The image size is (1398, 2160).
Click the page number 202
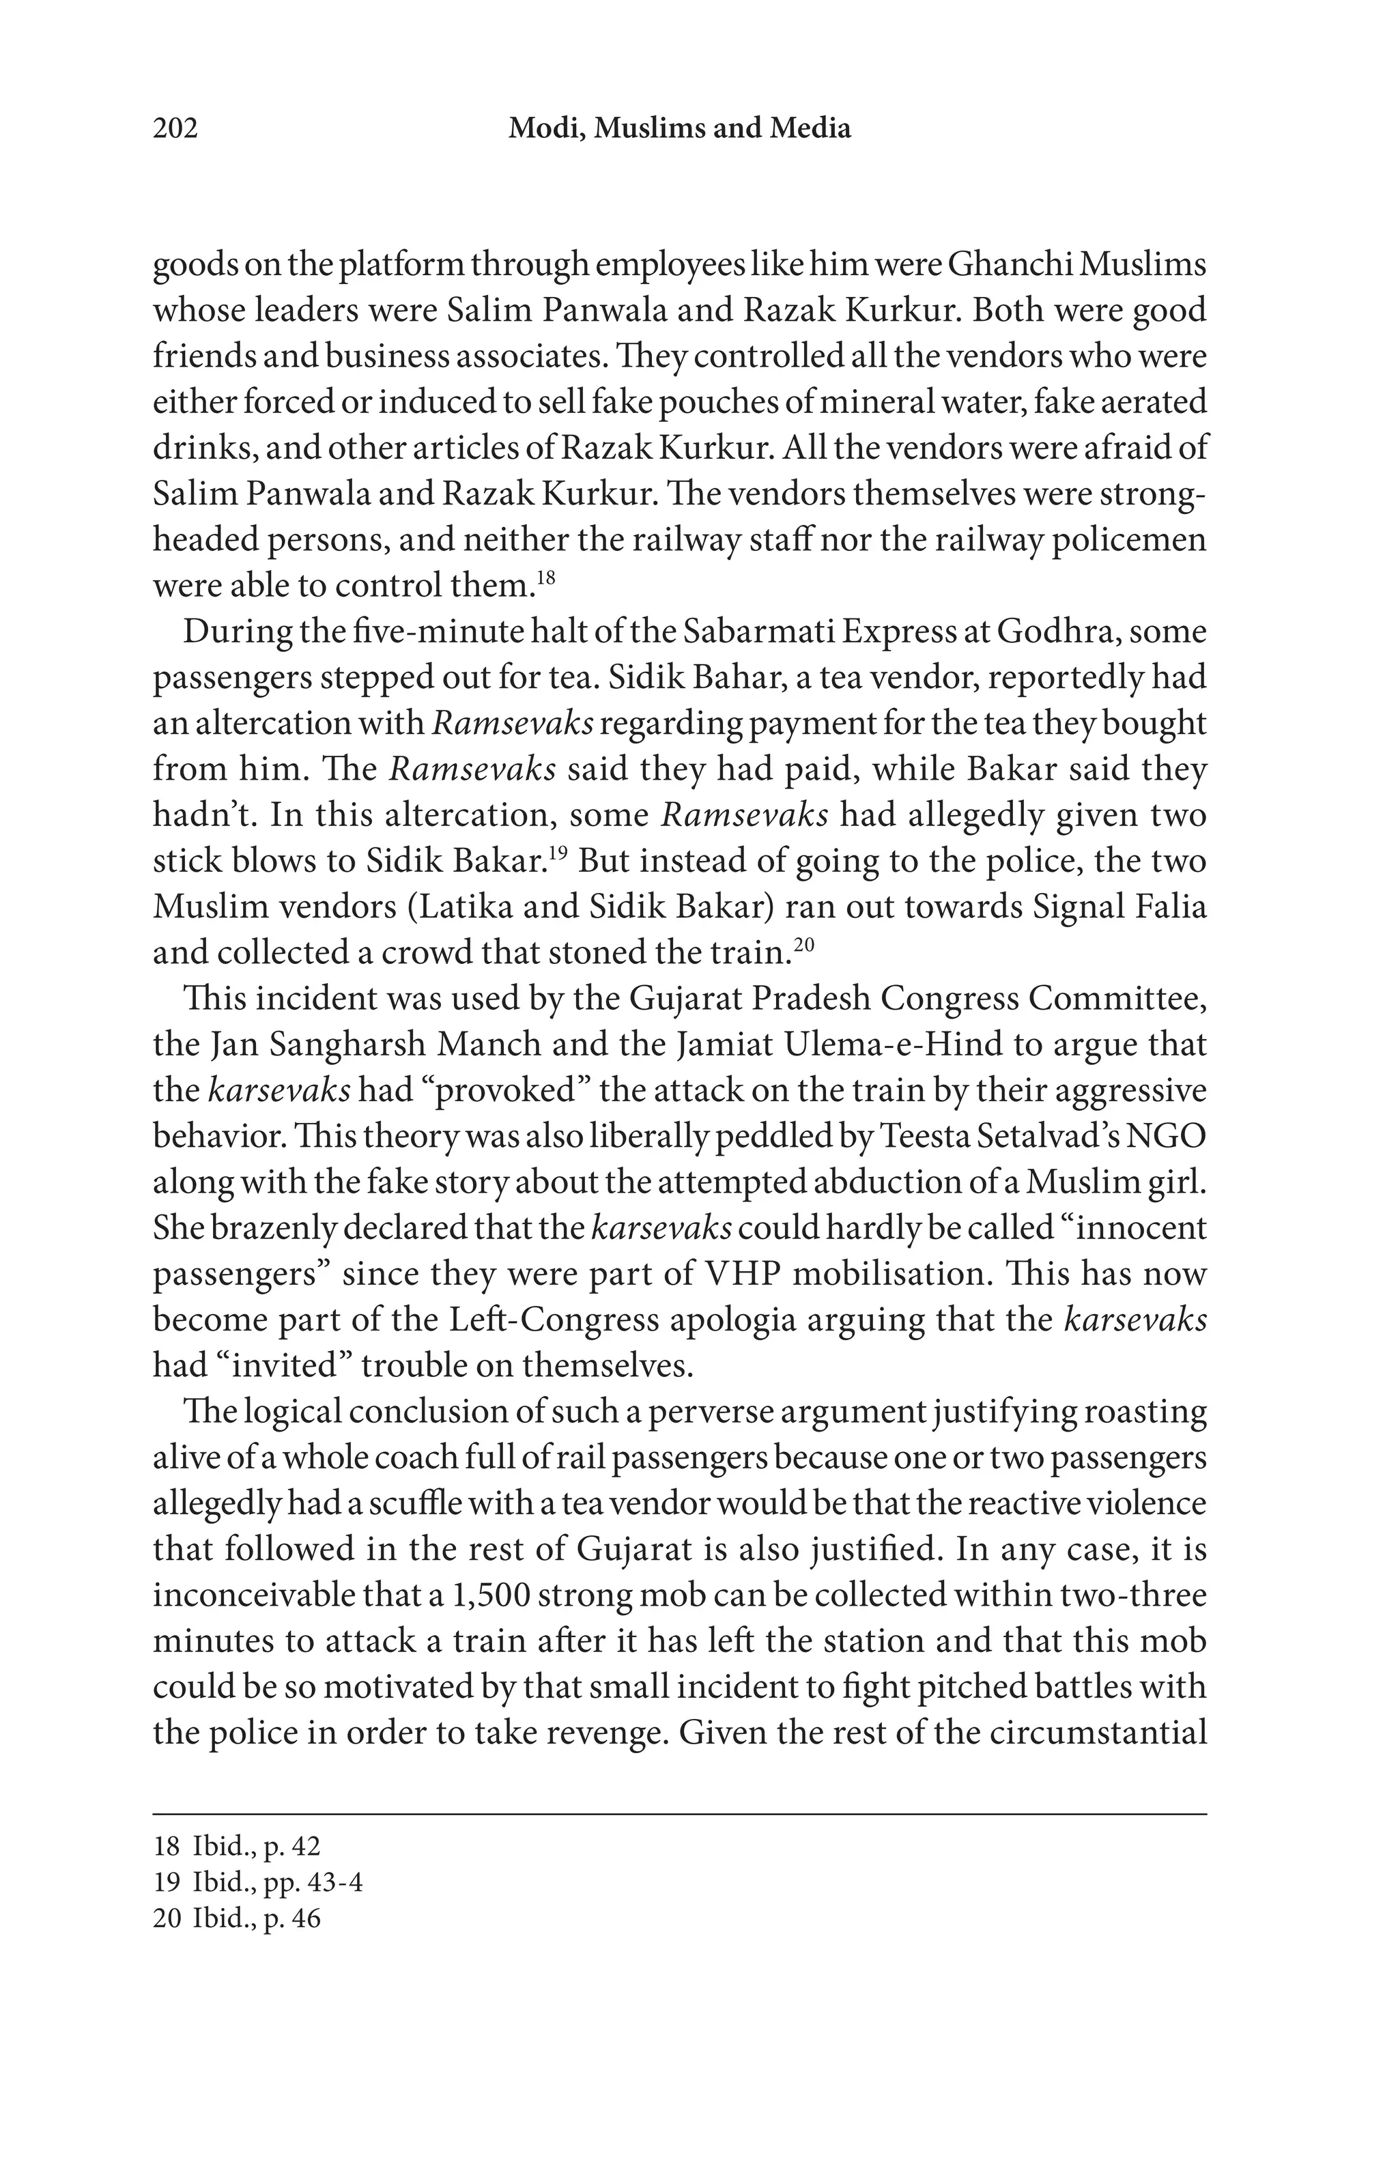tap(175, 129)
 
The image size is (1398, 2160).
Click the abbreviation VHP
tap(742, 1274)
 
